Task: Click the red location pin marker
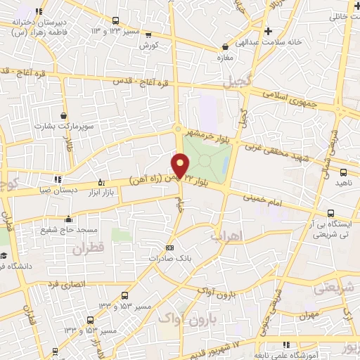click(x=181, y=166)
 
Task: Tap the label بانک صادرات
click(x=169, y=258)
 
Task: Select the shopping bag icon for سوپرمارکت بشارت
click(x=64, y=116)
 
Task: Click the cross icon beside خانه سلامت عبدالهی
click(x=268, y=31)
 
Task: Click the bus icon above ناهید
click(x=342, y=172)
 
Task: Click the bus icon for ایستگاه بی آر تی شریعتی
click(x=330, y=214)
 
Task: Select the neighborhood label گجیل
click(x=236, y=82)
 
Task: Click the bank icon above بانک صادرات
click(x=169, y=247)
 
